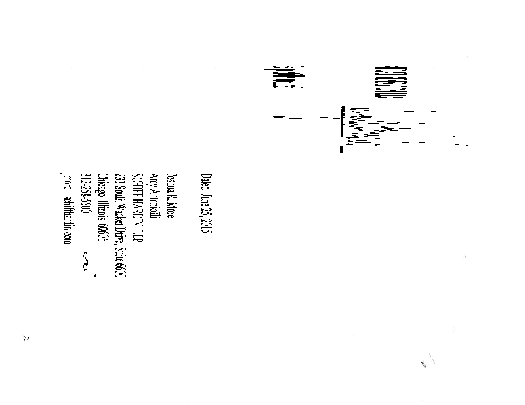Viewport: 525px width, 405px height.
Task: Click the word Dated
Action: tap(205, 182)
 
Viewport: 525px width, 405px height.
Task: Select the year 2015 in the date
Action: tap(205, 225)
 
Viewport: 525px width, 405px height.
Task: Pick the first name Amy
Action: tap(154, 180)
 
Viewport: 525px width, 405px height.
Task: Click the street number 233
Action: tap(119, 178)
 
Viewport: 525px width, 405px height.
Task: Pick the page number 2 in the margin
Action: tap(26, 338)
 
